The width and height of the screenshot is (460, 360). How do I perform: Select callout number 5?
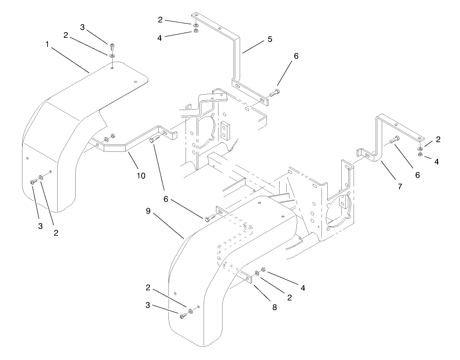tap(269, 40)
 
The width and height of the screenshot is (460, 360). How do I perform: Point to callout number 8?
tap(274, 308)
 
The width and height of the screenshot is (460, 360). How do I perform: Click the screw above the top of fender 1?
tap(112, 47)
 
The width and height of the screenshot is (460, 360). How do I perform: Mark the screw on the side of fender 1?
tap(33, 181)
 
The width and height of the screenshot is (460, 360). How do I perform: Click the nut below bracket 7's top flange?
tap(420, 155)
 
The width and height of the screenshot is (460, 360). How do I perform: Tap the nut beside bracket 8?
tap(263, 269)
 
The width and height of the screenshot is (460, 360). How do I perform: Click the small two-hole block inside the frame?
tap(226, 129)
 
